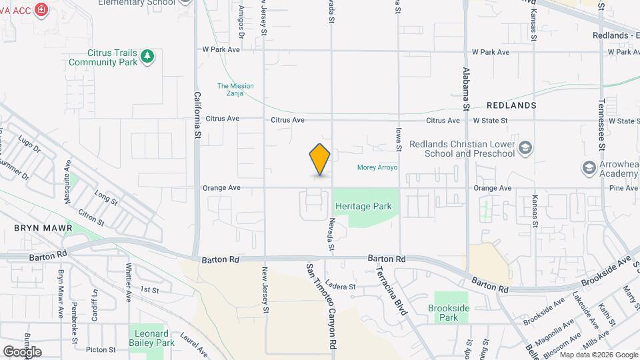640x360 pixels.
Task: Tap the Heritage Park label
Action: click(363, 207)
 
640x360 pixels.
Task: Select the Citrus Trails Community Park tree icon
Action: click(147, 57)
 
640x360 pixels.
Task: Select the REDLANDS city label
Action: click(511, 106)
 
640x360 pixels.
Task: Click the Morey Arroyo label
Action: click(377, 167)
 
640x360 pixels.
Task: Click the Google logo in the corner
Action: click(22, 351)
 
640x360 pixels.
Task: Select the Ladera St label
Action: click(342, 287)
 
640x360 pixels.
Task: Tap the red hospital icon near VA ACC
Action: click(42, 10)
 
